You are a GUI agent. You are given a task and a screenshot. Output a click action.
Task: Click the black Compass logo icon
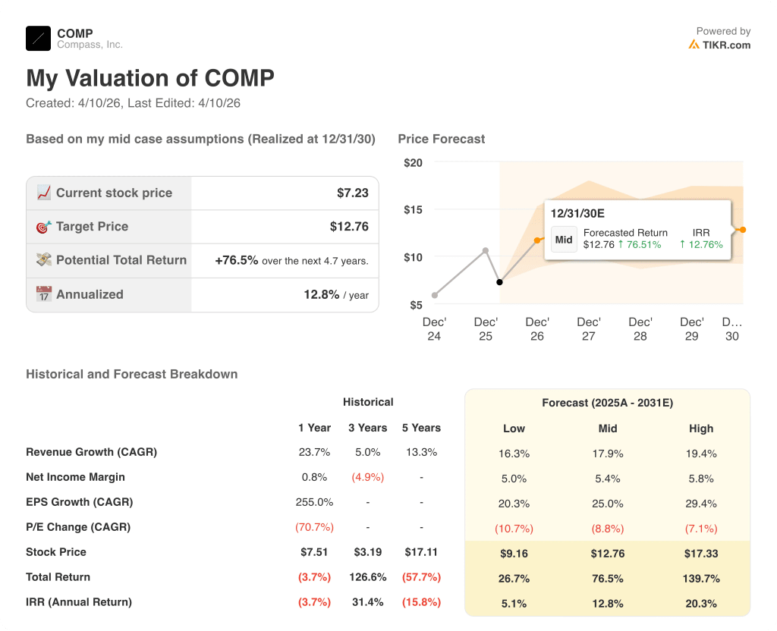38,38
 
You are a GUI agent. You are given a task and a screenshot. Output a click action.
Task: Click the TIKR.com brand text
726,45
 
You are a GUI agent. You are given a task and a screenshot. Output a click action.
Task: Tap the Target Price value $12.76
349,226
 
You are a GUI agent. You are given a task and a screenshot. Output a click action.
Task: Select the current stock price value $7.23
352,193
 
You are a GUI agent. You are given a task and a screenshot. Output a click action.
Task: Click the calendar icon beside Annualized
44,294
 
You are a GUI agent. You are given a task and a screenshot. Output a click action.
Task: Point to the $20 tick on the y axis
413,162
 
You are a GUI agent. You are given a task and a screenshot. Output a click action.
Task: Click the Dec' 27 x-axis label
588,328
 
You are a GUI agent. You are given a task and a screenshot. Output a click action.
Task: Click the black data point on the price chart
499,282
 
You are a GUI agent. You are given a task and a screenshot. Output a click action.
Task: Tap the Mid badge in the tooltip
564,240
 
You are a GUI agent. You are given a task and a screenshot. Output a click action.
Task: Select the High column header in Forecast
701,428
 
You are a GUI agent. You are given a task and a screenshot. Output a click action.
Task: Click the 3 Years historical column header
368,428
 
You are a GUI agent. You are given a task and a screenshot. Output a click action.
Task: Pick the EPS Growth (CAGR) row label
79,502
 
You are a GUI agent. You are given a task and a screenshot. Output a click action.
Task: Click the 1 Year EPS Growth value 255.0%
314,502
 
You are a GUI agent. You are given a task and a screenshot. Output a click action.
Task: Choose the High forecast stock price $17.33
701,553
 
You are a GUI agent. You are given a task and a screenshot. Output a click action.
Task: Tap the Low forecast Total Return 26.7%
514,578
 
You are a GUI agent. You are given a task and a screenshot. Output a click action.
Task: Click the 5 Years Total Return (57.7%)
421,577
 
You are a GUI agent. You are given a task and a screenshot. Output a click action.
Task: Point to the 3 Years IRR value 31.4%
368,602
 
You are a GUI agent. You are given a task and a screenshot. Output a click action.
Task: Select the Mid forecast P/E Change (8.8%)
607,528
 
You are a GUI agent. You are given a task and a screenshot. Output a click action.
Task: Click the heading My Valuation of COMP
150,78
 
